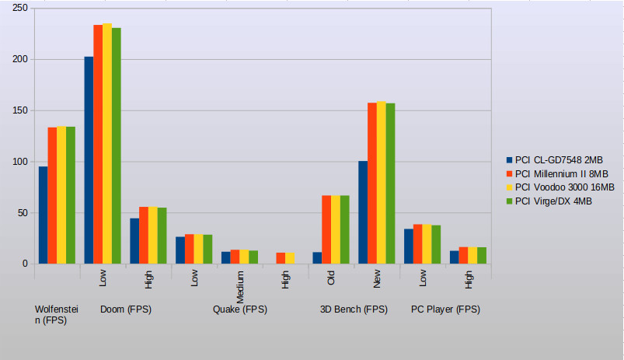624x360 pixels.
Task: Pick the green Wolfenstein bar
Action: pyautogui.click(x=71, y=195)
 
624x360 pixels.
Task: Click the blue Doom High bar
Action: pyautogui.click(x=134, y=241)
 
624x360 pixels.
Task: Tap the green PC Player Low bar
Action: pyautogui.click(x=436, y=245)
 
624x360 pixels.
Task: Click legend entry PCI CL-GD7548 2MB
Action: pyautogui.click(x=553, y=159)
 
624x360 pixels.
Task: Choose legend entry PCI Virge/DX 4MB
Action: pyautogui.click(x=553, y=201)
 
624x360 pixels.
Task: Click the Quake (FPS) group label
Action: pyautogui.click(x=240, y=309)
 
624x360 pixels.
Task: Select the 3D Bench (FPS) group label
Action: pyautogui.click(x=354, y=309)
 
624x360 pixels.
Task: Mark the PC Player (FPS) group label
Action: pyautogui.click(x=445, y=309)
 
